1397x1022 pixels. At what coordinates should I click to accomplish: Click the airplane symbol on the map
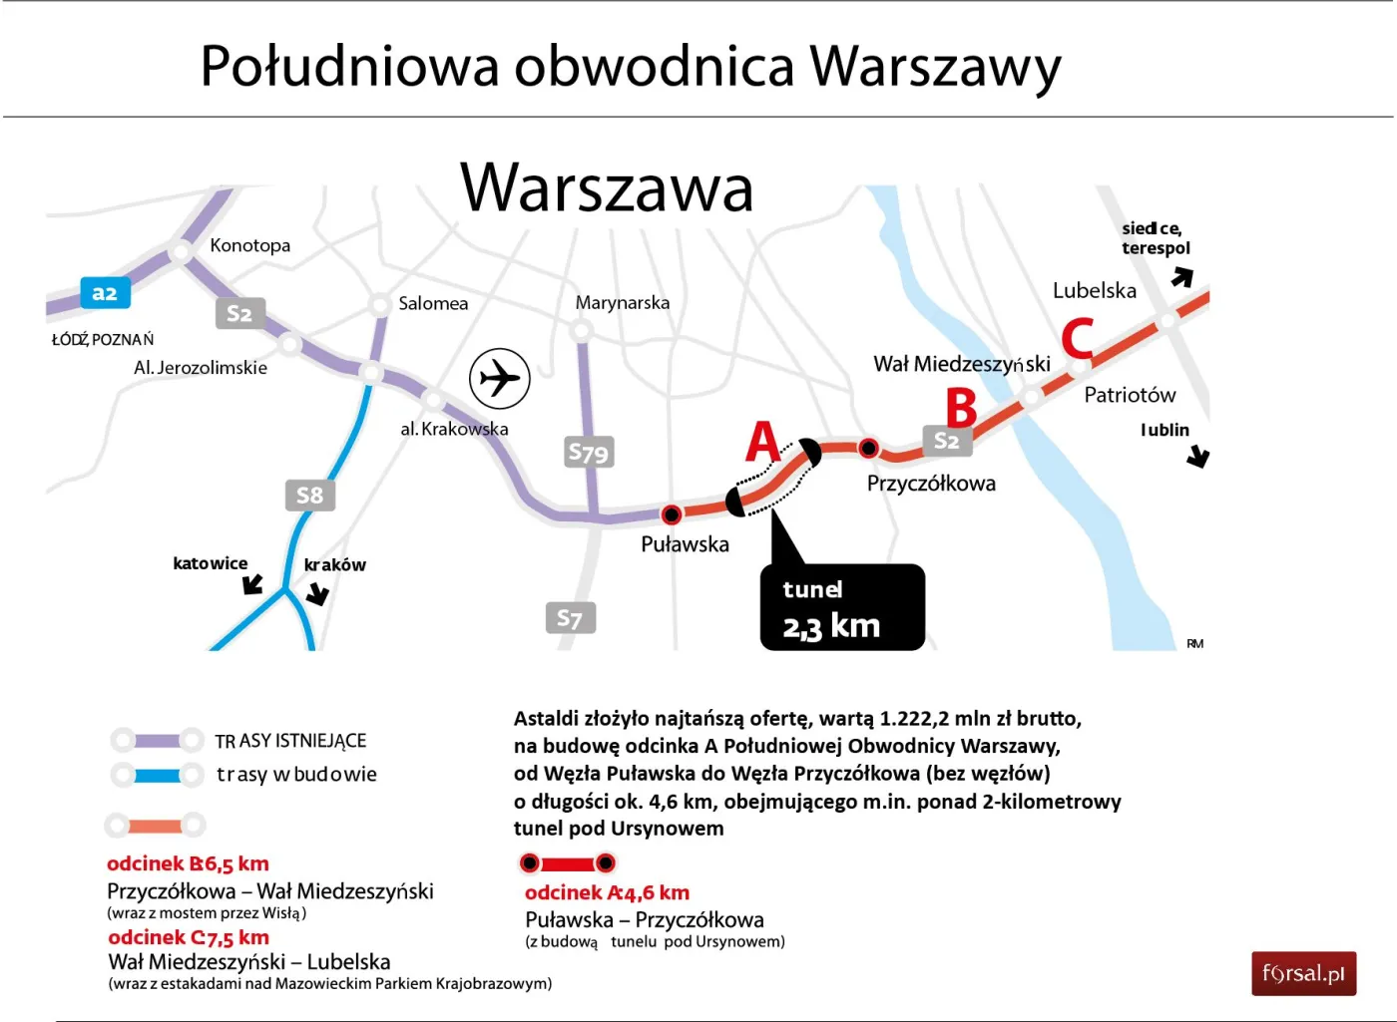click(500, 379)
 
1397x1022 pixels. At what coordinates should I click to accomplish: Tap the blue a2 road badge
click(105, 293)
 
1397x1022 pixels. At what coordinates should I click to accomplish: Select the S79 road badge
click(589, 453)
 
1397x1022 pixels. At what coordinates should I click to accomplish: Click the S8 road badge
click(310, 495)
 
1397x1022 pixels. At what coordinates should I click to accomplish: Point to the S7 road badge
click(571, 618)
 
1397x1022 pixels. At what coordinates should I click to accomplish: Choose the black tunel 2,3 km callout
click(842, 608)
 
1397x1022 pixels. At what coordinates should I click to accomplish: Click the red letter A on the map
click(762, 442)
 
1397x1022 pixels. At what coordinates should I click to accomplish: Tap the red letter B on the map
click(961, 407)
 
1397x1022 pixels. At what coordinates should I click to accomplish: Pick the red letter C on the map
click(1078, 339)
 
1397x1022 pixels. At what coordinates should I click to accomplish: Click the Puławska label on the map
click(685, 544)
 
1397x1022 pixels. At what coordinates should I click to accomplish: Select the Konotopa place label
click(249, 245)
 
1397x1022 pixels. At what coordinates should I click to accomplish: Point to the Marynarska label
click(623, 303)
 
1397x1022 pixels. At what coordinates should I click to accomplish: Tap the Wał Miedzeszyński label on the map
click(962, 364)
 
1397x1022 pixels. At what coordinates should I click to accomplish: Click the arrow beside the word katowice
click(253, 584)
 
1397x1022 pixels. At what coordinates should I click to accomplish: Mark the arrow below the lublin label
click(1198, 458)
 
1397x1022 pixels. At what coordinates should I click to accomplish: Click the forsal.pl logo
click(1303, 974)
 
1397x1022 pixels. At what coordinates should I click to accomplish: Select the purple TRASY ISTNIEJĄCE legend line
click(158, 741)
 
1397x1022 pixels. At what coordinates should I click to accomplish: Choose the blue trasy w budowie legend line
click(158, 775)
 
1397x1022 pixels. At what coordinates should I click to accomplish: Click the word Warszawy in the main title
click(935, 67)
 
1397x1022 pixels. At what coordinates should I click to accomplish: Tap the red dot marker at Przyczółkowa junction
click(869, 448)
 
